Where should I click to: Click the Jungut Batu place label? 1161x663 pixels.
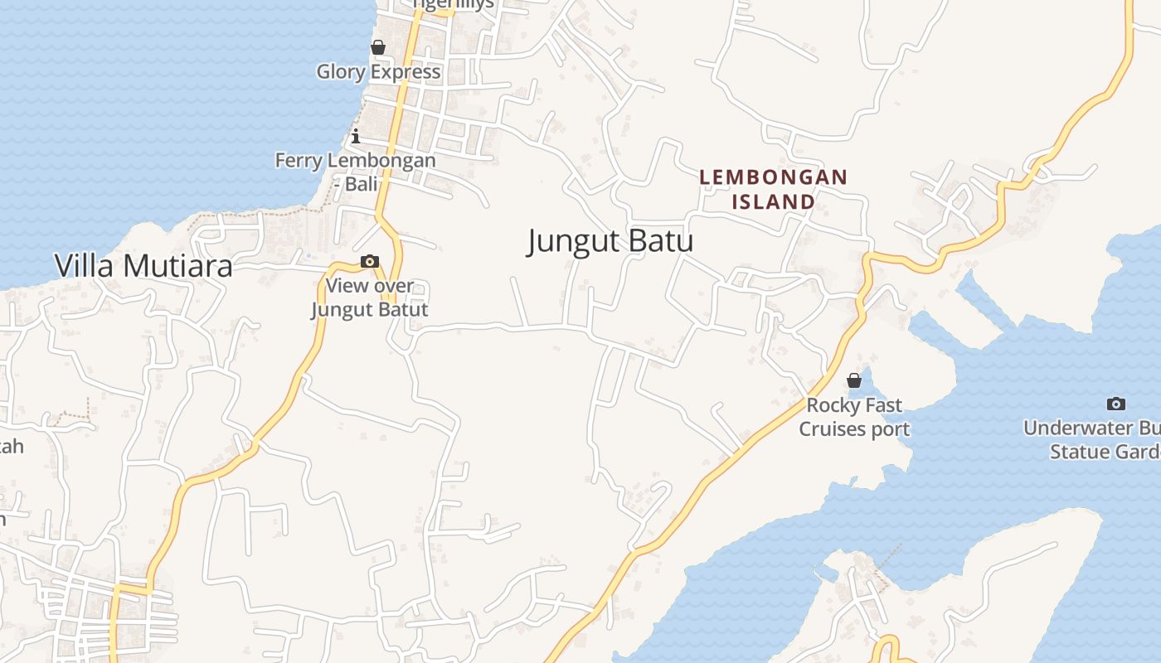[610, 241]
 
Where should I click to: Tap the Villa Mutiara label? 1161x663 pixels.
[143, 266]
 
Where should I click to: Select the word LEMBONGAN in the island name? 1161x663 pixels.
[773, 177]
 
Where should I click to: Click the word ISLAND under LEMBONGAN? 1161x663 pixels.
[773, 201]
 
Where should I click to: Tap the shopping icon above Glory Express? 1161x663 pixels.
[378, 47]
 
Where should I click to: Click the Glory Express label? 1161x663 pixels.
[378, 71]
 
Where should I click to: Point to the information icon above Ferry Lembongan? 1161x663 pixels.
[356, 136]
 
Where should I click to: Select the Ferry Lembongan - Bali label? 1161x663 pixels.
[356, 172]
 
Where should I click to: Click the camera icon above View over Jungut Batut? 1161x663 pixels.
[370, 262]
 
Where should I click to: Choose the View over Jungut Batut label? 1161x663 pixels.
[370, 298]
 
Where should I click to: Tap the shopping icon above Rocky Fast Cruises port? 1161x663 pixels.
[854, 380]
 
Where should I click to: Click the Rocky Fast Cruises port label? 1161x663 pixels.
[854, 417]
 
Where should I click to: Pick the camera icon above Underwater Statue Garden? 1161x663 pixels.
[1116, 404]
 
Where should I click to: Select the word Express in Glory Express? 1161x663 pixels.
[406, 71]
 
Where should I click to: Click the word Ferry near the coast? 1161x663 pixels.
[298, 160]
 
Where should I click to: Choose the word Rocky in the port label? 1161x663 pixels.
[832, 405]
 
